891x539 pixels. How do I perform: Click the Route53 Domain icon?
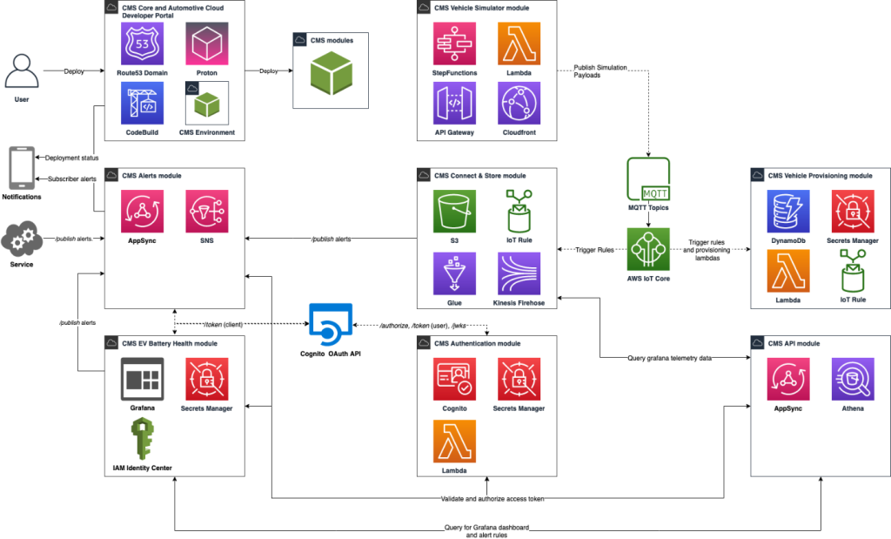click(142, 43)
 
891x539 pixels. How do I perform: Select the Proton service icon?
click(207, 43)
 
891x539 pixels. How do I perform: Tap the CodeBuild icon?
click(142, 104)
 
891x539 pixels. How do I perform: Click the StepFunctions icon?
click(454, 43)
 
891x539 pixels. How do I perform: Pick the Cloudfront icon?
click(519, 104)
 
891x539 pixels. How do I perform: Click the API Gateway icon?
click(454, 104)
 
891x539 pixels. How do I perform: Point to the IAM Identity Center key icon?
click(142, 439)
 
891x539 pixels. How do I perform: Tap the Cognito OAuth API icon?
click(331, 325)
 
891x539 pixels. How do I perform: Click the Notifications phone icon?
click(21, 167)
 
